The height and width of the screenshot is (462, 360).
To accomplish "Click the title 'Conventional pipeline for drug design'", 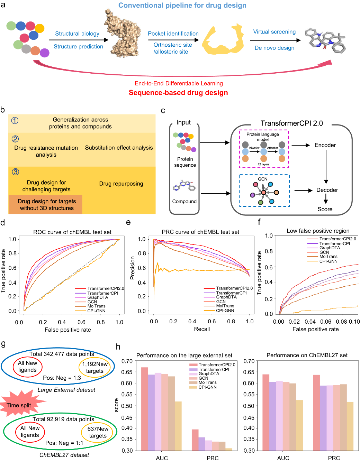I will click(182, 6).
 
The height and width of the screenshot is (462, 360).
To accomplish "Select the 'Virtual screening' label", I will click(274, 32).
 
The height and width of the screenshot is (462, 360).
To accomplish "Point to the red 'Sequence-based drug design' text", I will click(178, 93).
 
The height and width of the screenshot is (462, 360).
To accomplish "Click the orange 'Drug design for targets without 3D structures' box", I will click(47, 205).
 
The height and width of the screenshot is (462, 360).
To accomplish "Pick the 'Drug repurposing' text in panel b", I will click(121, 184).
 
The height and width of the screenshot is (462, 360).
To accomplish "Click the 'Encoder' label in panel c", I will click(325, 145).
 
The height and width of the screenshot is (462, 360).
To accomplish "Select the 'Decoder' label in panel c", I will click(327, 190).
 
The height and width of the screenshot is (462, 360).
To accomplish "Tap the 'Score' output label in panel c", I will click(325, 209).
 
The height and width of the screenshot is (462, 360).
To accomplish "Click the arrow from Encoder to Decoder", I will click(326, 167).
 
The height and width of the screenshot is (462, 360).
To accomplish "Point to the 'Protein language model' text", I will click(262, 137).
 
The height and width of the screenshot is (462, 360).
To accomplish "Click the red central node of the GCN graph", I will click(263, 193).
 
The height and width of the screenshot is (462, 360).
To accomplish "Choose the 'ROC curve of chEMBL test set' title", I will click(72, 232).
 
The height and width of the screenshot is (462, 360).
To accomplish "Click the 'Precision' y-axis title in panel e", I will click(132, 268).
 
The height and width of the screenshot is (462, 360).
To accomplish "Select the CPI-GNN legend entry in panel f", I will click(328, 261).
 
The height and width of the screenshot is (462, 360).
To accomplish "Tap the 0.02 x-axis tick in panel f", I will click(294, 322).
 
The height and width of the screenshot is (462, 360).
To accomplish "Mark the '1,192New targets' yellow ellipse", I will click(95, 368).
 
